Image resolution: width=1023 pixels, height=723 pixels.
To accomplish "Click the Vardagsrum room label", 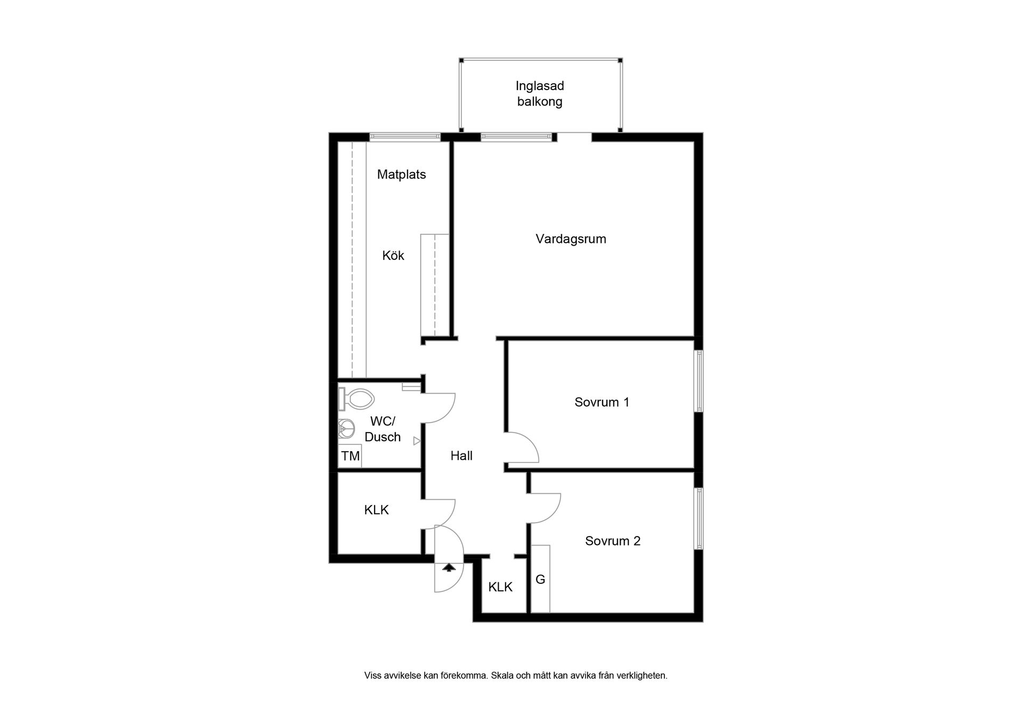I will (571, 239).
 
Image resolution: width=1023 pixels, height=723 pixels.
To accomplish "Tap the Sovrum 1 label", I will (602, 402).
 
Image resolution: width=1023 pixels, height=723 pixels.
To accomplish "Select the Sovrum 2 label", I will (612, 541).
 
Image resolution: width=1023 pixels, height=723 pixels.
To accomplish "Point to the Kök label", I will (393, 256).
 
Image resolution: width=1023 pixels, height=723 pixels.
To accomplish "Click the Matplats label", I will (401, 174).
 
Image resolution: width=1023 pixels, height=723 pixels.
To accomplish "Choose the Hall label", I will (461, 456).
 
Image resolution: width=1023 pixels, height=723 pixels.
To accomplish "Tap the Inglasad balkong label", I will (540, 94).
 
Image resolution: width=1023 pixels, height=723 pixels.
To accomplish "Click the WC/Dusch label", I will (383, 429).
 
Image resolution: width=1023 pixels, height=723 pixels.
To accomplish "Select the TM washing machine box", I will (350, 456).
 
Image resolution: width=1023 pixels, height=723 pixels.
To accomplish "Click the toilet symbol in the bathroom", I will (356, 399).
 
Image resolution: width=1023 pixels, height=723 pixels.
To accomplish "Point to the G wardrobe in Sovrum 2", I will (540, 579).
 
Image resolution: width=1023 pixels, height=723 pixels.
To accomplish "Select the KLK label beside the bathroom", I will (376, 510).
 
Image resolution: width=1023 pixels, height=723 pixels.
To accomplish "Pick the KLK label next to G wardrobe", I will (500, 587).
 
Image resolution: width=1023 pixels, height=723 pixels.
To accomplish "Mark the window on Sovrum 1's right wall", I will (699, 380).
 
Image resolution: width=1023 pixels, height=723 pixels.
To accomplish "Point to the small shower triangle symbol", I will (417, 441).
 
